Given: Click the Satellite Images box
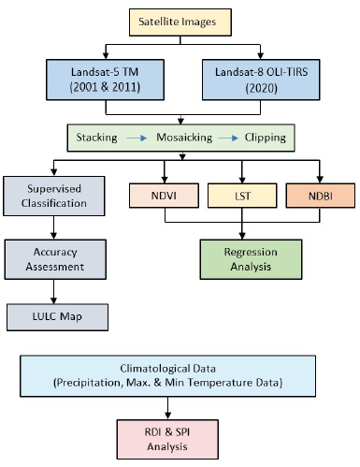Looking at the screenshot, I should point(179,19).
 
